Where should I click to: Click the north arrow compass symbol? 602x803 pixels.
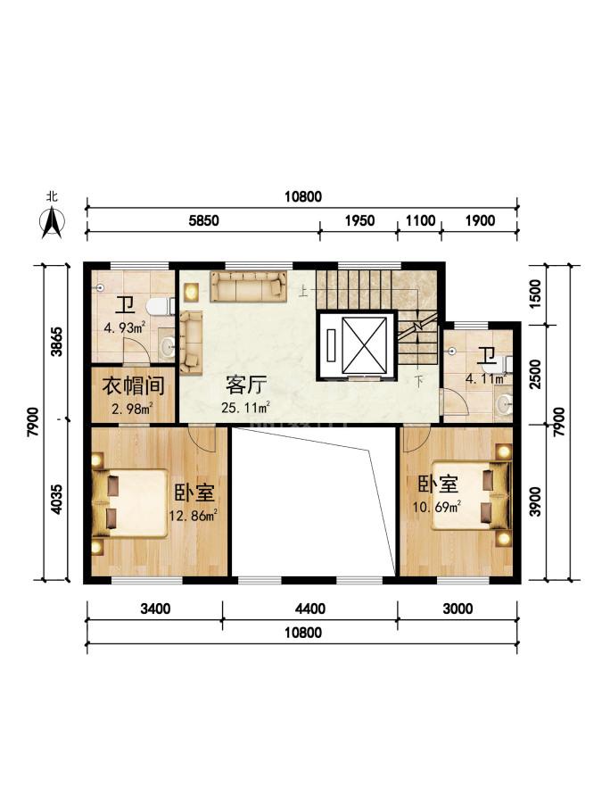point(52,223)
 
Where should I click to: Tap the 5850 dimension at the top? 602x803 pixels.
point(203,220)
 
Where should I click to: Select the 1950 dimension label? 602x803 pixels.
point(359,220)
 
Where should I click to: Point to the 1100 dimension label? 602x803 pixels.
point(420,220)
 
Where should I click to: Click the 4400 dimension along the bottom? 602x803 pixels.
point(310,608)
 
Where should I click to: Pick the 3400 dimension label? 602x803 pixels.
point(155,608)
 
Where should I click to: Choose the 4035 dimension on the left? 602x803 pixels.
point(56,499)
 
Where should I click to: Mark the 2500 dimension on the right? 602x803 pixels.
point(535,374)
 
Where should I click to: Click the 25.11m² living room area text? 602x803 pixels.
point(246,408)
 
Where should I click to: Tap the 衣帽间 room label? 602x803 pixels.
point(133,385)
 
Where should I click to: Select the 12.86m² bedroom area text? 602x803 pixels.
point(193,514)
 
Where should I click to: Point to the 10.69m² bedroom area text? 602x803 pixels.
point(437,507)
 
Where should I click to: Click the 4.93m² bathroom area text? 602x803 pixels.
point(124,327)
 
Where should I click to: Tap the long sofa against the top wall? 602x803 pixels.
point(248,286)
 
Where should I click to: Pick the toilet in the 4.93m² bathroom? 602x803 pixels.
point(161,307)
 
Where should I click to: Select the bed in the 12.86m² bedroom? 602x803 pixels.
point(130,502)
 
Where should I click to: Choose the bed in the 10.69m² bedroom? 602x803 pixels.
point(472,496)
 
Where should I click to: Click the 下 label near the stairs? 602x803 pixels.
point(419,382)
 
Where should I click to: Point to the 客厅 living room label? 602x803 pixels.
point(246,385)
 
